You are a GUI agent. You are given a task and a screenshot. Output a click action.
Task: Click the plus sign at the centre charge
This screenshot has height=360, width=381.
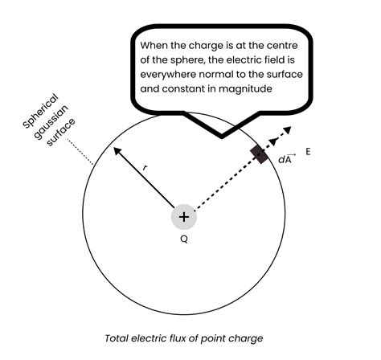tap(184, 217)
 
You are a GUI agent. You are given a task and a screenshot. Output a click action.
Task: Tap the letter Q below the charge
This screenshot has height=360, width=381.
tap(184, 239)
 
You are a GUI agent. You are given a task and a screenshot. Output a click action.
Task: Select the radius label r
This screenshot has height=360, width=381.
tap(145, 167)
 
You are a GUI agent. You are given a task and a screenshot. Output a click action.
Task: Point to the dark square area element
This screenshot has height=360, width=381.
tap(259, 153)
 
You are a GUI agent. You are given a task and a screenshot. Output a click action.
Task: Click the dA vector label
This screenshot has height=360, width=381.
tap(285, 159)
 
